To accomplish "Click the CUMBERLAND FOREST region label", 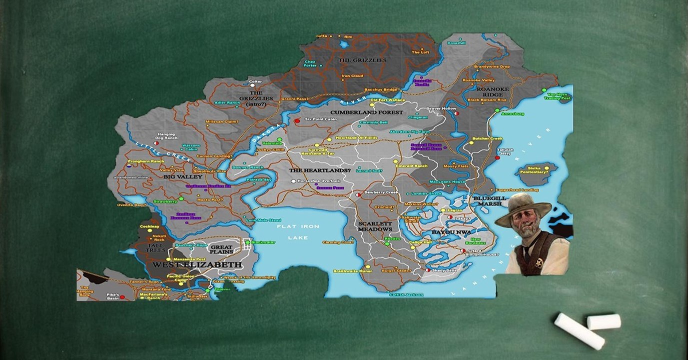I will [367, 112].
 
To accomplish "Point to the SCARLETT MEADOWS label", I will [375, 226].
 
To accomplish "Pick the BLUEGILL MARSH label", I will [490, 201].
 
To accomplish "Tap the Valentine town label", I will [272, 143].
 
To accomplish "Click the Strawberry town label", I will [165, 201].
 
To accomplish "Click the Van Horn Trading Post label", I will [559, 96].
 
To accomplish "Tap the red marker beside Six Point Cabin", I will [297, 120].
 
